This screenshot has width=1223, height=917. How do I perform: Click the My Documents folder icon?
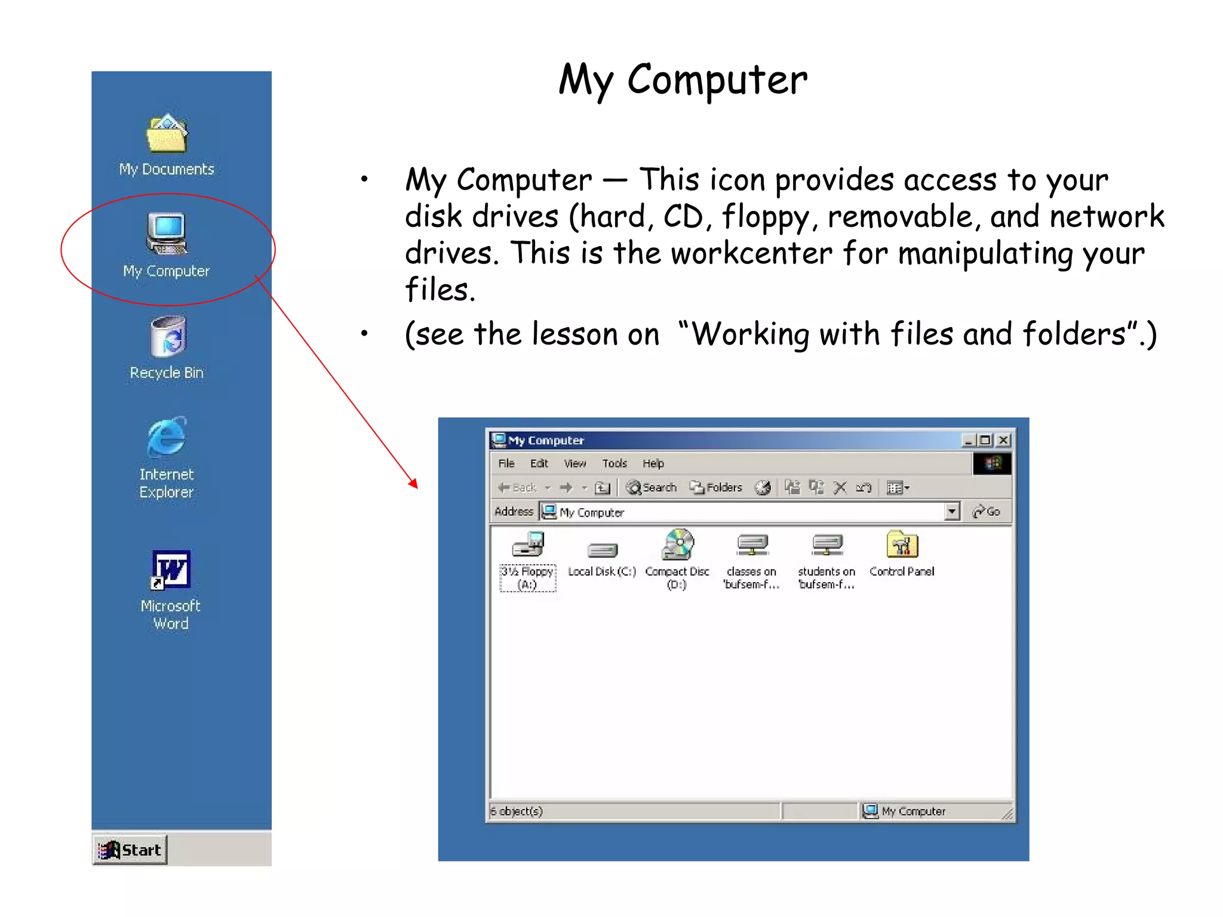167,134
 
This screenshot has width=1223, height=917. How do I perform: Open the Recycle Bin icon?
168,337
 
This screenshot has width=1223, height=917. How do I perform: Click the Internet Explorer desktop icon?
167,437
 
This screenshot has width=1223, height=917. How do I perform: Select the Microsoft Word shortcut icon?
171,569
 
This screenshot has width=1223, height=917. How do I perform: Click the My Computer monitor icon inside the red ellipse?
167,233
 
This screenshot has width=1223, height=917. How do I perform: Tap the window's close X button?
1004,440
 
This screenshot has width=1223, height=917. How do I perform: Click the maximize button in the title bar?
985,440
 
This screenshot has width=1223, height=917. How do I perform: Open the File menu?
506,463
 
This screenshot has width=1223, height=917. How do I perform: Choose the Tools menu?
614,463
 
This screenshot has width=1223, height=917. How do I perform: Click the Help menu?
653,463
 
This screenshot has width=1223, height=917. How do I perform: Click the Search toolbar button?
652,488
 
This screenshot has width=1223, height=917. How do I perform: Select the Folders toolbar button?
716,488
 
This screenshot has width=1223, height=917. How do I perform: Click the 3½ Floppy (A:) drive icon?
528,544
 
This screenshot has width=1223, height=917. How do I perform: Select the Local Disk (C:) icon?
602,550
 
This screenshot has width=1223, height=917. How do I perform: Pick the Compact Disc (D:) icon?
677,544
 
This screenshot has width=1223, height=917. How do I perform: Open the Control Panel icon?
902,544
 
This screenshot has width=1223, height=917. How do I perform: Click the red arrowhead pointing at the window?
413,483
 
